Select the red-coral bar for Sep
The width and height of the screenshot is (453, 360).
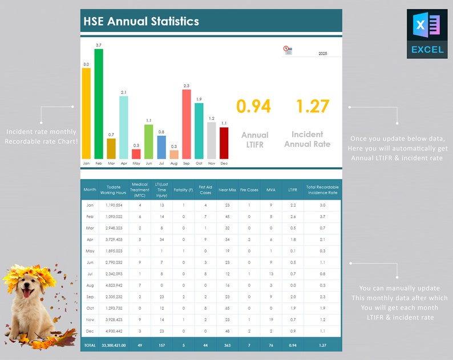coord(187,124)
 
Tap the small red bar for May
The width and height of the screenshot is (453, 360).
coord(136,154)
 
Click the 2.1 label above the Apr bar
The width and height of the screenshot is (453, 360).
coord(124,92)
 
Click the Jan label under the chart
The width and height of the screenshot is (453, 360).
coord(86,163)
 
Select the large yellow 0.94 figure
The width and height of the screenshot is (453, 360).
coord(253,106)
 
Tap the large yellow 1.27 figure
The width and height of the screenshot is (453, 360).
coord(313,106)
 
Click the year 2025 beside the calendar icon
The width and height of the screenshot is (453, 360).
coord(322,54)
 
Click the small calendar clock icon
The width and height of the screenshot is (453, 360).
coord(288,51)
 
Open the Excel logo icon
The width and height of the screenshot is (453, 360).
coord(427,34)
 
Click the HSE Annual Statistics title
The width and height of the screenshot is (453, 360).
coord(141,22)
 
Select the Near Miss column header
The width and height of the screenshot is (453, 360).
coord(228,189)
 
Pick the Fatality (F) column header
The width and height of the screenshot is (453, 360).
coord(183,189)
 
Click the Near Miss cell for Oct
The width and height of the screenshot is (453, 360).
coord(228,308)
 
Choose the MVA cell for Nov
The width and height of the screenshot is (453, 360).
coord(270,320)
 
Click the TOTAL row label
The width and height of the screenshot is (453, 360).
coord(90,345)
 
